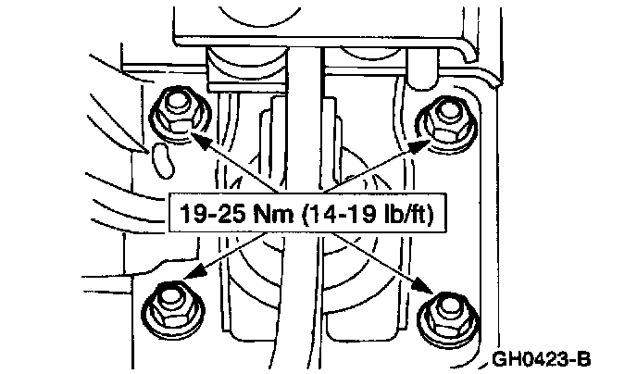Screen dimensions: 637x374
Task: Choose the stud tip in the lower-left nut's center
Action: (168, 298)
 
